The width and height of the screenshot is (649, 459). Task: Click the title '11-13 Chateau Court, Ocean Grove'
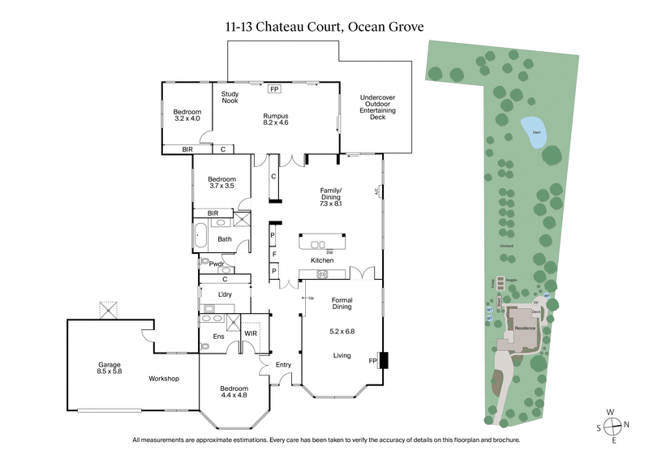pos(324,26)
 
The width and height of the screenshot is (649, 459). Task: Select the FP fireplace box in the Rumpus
pos(274,89)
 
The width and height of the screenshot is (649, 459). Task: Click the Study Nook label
pos(230,98)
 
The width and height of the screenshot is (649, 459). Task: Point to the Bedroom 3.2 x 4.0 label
pos(186,114)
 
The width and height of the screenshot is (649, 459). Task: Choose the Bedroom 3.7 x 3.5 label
pos(221,182)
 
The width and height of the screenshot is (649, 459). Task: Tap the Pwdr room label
pos(217,264)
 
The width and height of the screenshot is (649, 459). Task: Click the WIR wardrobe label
pos(250,332)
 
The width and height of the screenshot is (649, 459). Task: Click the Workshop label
pos(164,379)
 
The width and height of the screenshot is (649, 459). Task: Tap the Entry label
pos(283,365)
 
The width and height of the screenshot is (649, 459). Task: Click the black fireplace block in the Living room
pos(384,359)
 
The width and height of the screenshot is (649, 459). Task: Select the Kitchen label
pos(323,260)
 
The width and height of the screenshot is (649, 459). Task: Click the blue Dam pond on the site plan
pos(533,134)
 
